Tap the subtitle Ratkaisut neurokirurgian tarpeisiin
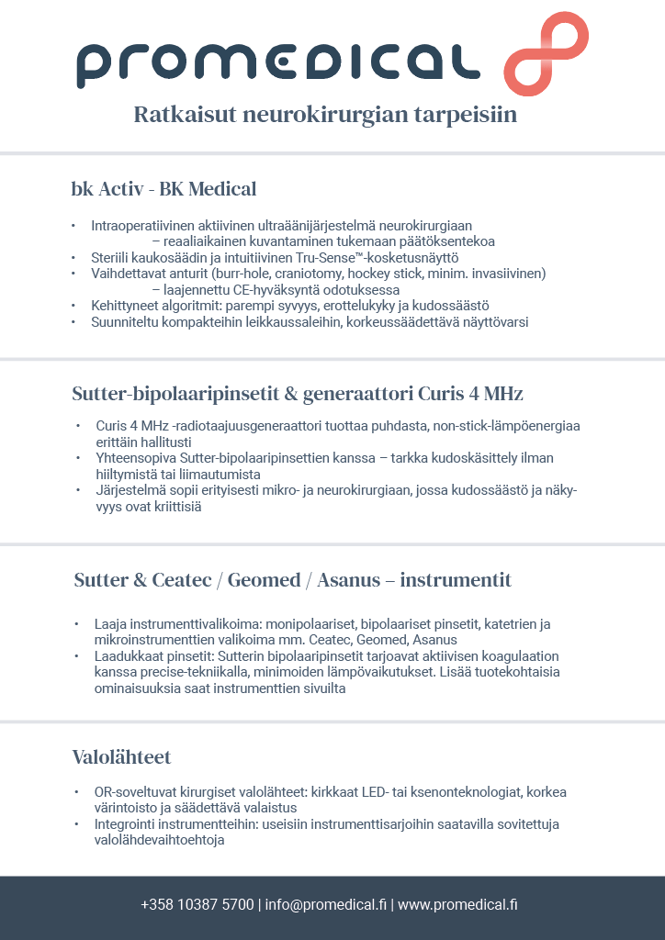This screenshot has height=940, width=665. (x=325, y=116)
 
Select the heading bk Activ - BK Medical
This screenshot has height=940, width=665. (x=163, y=189)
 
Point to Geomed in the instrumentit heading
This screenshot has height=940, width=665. (x=264, y=580)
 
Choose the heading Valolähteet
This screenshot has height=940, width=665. (x=121, y=757)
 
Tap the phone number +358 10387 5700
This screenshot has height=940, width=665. (x=197, y=905)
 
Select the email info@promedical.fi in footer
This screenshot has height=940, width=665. (x=326, y=905)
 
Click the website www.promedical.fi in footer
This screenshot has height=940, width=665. (x=457, y=905)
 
